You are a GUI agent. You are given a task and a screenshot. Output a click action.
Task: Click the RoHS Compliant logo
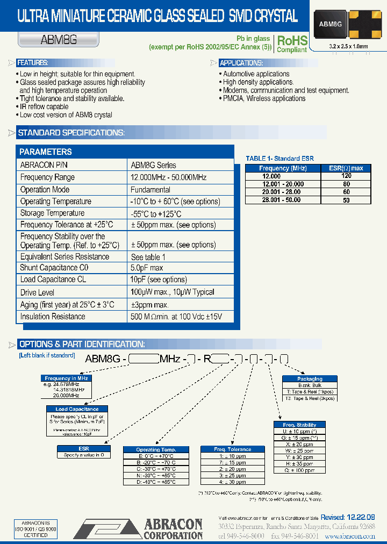[x=292, y=44]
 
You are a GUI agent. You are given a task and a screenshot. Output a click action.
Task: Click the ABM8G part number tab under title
[x=51, y=39]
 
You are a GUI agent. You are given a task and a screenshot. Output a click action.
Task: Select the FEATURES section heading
[x=33, y=63]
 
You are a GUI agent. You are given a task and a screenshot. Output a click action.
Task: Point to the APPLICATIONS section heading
[x=240, y=63]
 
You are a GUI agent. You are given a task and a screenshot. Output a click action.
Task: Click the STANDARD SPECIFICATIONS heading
[x=71, y=133]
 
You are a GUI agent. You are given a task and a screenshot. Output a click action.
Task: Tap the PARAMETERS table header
[x=46, y=152]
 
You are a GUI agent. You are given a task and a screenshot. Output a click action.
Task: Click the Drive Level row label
[x=37, y=292]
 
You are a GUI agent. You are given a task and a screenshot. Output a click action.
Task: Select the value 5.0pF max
[x=147, y=268]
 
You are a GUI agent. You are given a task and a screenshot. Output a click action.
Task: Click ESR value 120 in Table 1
[x=346, y=176]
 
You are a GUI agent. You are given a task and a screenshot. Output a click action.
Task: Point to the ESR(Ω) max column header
[x=346, y=168]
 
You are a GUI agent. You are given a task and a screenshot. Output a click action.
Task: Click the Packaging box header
[x=310, y=379]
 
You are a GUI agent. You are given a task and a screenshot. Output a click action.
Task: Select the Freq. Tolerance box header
[x=232, y=449]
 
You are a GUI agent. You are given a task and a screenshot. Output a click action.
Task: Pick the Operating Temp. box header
[x=155, y=449]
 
